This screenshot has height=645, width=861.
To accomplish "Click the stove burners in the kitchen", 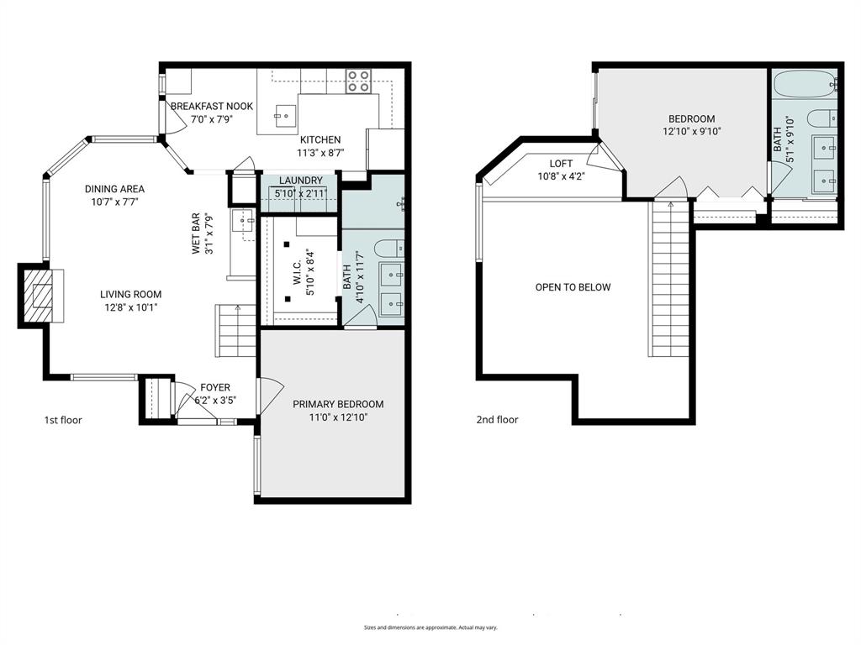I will point(358,81).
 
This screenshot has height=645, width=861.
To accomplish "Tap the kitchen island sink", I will point(286,113).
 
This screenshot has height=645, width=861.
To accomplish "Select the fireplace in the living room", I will point(41,296).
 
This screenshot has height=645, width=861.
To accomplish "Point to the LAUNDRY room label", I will point(300,181).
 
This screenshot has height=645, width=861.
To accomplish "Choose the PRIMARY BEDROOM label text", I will point(338,404).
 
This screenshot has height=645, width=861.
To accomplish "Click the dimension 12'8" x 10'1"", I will point(130,307).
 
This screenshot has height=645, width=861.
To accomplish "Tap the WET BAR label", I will point(196,234).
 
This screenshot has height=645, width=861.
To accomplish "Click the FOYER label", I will point(214,387).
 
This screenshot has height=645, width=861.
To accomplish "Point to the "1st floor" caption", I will point(63,420).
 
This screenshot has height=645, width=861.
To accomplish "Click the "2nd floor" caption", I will point(496,420).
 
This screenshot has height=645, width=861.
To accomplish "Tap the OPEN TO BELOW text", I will point(573,287).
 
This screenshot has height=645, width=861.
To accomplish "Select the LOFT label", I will point(561,164).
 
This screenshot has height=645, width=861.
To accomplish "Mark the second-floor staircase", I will point(670,281).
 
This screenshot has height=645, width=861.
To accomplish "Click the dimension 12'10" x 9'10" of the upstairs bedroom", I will point(692,131).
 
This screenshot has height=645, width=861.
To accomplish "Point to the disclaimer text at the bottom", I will point(430,627).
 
